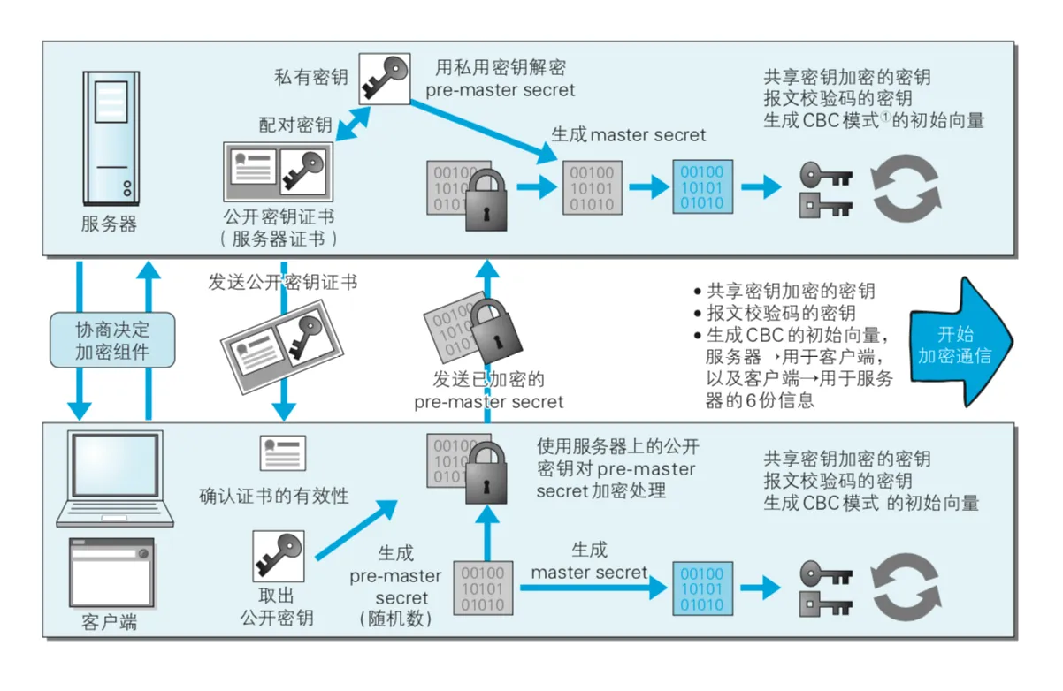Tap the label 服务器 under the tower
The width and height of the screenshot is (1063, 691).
point(110,224)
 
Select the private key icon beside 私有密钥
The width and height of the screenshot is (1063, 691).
point(384,78)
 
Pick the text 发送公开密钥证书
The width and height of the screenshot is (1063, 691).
point(283,282)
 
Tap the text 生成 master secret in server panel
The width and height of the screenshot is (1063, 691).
point(629,134)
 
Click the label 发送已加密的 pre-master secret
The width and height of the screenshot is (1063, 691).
point(488,390)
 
